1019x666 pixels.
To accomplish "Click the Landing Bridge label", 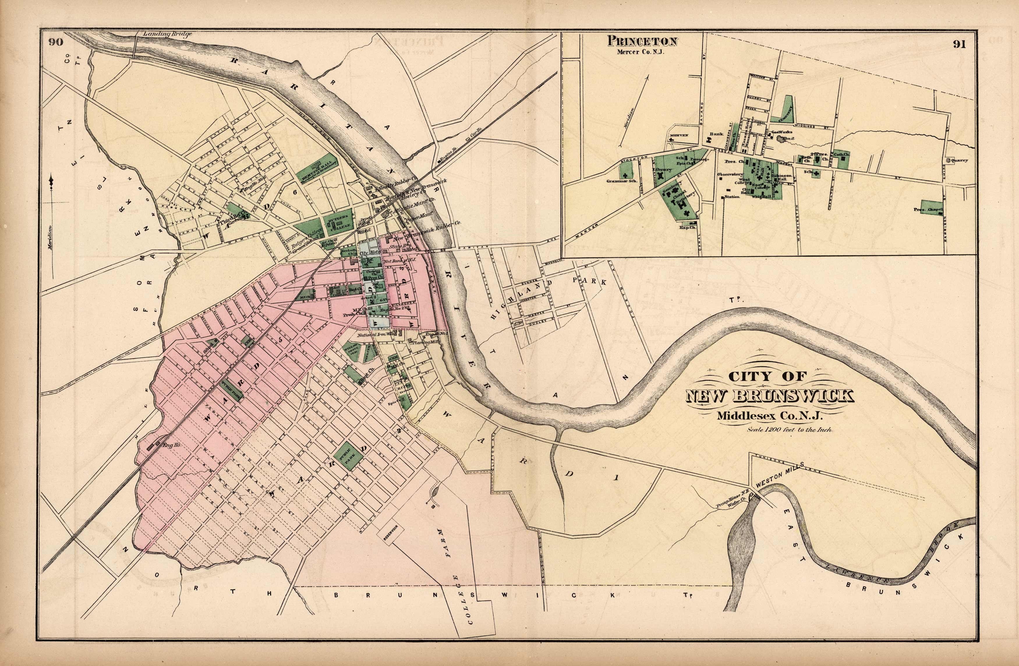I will (x=167, y=34).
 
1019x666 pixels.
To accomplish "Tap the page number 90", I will (x=56, y=42).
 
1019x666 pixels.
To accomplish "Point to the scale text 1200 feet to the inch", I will (x=790, y=430).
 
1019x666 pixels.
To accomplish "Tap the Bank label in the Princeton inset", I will (x=716, y=134).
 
